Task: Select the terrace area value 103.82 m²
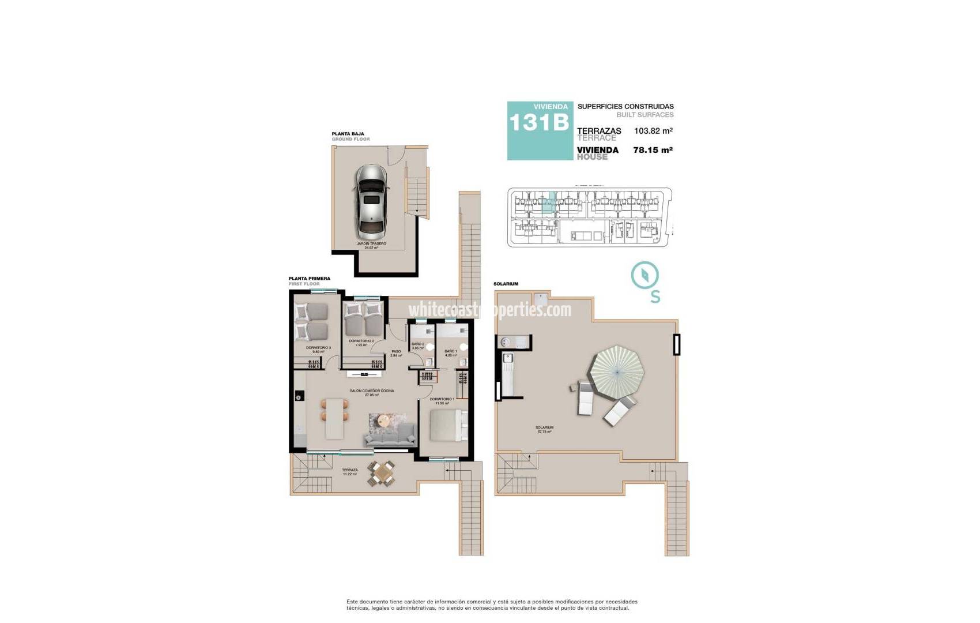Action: pos(653,131)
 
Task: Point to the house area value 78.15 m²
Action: pos(653,150)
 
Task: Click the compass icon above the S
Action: pos(645,276)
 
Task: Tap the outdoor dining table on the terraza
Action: pos(382,474)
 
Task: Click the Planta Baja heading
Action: pos(348,134)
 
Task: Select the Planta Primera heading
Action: pos(310,279)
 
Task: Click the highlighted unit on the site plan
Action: pos(549,204)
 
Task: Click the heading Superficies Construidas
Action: pos(625,107)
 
